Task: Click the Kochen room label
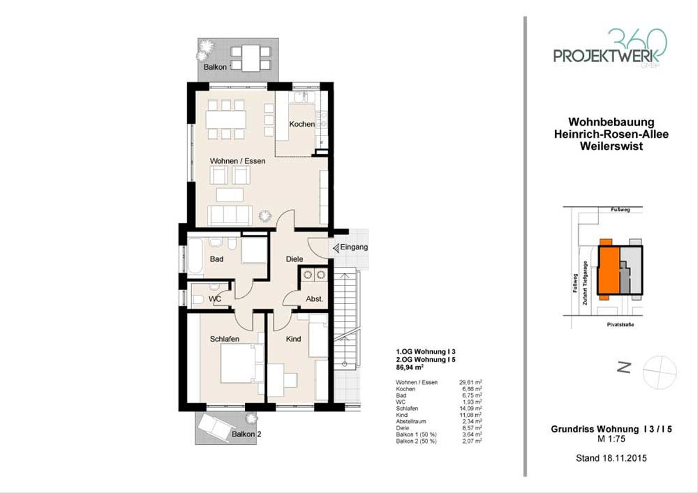pos(302,124)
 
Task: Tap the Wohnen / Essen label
pos(237,161)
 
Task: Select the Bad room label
pos(216,259)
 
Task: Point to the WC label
pos(215,299)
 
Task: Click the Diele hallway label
pos(294,259)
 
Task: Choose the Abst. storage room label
pos(314,299)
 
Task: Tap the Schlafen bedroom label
pos(225,339)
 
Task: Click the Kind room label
pos(294,339)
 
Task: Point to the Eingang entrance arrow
pos(336,248)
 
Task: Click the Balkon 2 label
pos(246,434)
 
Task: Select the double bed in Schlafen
pos(242,363)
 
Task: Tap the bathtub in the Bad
pos(195,256)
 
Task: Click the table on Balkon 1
pos(251,58)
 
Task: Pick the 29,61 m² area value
pos(471,383)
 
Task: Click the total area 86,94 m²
pos(409,367)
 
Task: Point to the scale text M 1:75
pos(611,439)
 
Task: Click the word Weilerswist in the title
pos(611,146)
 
